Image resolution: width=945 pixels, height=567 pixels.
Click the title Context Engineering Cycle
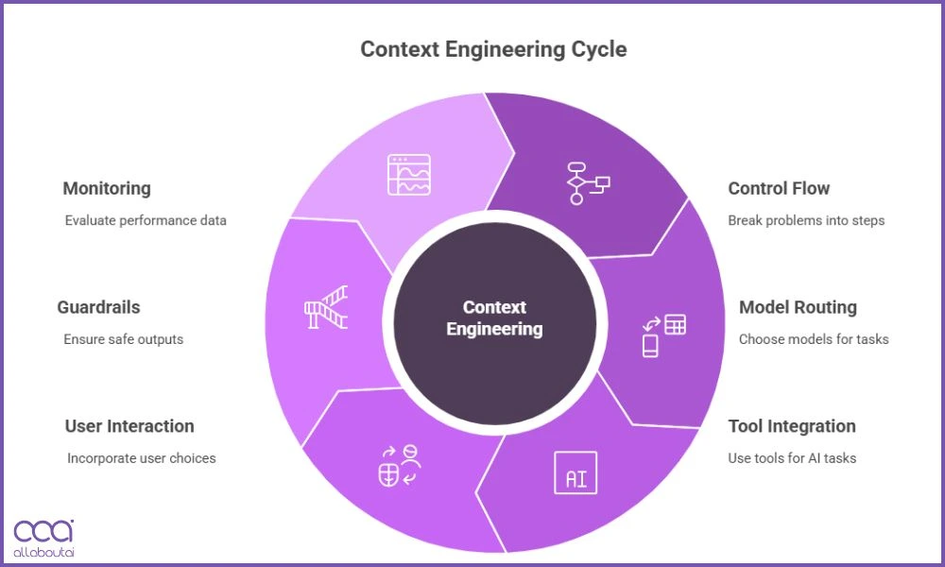click(x=493, y=49)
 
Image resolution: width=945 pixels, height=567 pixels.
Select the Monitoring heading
click(x=107, y=188)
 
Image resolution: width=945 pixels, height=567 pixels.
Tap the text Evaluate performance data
click(x=146, y=220)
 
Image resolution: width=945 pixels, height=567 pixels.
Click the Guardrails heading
click(x=98, y=307)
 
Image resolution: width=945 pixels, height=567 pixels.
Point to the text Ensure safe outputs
click(x=123, y=339)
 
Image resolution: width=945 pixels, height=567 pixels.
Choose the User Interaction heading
click(x=129, y=426)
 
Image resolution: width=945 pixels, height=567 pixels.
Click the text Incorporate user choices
click(x=142, y=458)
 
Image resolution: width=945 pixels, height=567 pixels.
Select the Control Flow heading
click(x=779, y=188)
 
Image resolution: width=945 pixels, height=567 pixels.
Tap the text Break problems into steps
click(x=806, y=220)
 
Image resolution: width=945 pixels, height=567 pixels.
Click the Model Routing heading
click(x=798, y=307)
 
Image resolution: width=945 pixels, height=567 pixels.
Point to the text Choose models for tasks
click(x=814, y=339)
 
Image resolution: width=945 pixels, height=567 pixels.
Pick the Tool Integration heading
click(x=792, y=426)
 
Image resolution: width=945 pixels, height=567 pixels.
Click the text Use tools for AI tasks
click(x=792, y=458)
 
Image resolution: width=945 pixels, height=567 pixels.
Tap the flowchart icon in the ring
click(x=587, y=183)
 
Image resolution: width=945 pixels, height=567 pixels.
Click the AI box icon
click(x=575, y=472)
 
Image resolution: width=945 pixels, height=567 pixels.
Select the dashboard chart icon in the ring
click(x=408, y=175)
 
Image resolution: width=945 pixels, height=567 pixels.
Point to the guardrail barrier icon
click(x=326, y=307)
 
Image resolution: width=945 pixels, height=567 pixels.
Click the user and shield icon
click(x=398, y=466)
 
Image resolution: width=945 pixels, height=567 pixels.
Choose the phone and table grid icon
click(x=663, y=335)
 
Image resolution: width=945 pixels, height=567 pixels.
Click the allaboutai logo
click(x=43, y=537)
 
